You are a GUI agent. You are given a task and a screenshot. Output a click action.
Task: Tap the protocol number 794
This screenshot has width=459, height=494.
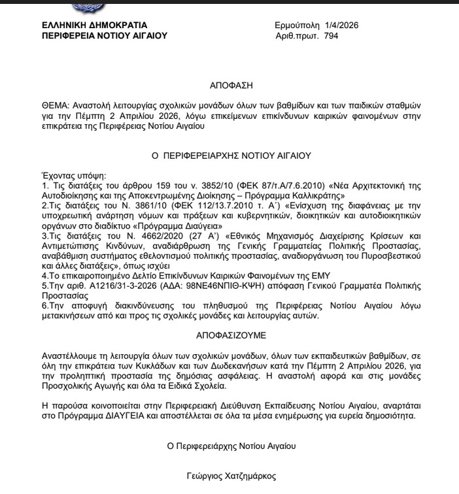[331, 36]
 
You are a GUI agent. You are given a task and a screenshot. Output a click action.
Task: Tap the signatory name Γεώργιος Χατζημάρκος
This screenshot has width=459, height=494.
[231, 477]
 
